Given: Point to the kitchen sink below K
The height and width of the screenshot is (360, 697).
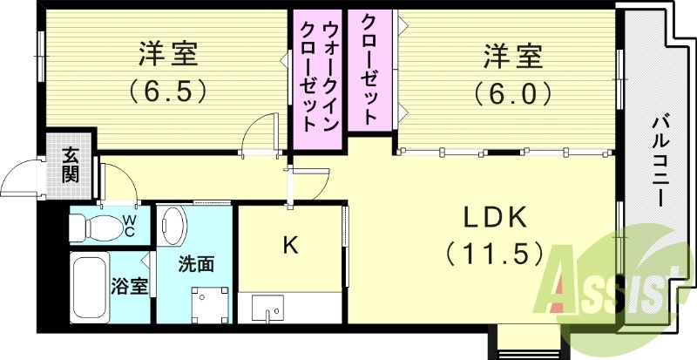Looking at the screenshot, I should pyautogui.click(x=267, y=308).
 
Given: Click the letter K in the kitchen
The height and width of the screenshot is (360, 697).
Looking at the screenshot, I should pyautogui.click(x=290, y=245).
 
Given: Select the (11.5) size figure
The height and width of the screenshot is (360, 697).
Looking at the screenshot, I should pyautogui.click(x=494, y=253).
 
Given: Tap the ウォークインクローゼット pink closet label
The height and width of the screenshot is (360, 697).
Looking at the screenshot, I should pyautogui.click(x=319, y=77).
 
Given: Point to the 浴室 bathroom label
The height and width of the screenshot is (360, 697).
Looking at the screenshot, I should pyautogui.click(x=129, y=285).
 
